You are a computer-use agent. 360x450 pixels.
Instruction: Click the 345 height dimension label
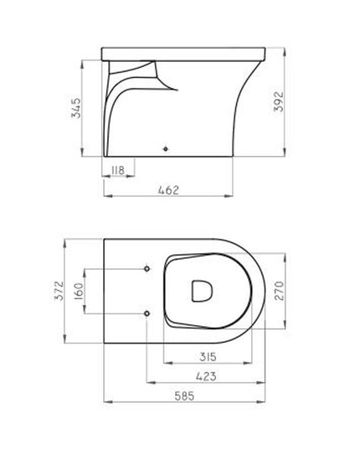pos(76,110)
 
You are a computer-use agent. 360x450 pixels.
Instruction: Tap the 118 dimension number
pos(117,171)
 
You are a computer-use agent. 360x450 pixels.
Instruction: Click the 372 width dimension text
pos(59,292)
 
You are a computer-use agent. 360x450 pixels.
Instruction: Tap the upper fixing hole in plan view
pos(147,269)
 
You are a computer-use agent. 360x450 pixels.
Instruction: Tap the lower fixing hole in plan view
pos(147,313)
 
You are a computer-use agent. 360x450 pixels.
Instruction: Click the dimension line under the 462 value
pos(167,198)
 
